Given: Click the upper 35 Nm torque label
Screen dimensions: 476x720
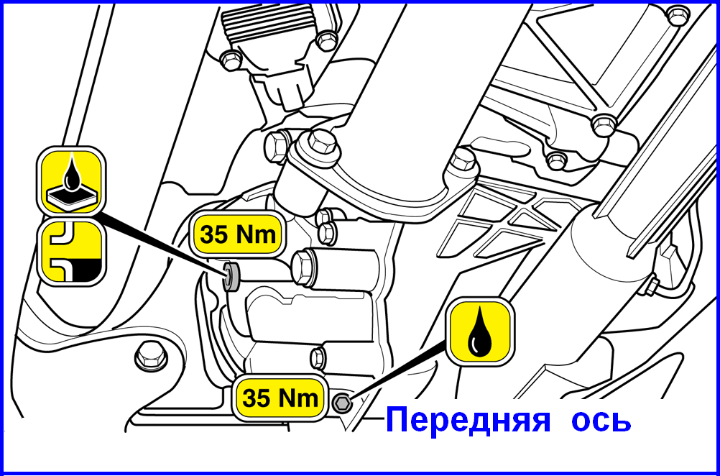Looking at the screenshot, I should (235, 234).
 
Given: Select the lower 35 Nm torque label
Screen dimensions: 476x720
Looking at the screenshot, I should (280, 398).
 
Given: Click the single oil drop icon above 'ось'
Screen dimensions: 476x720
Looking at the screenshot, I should (479, 330).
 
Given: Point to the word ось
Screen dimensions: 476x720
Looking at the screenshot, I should (601, 420).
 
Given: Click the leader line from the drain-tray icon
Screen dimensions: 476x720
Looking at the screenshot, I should (162, 242).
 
